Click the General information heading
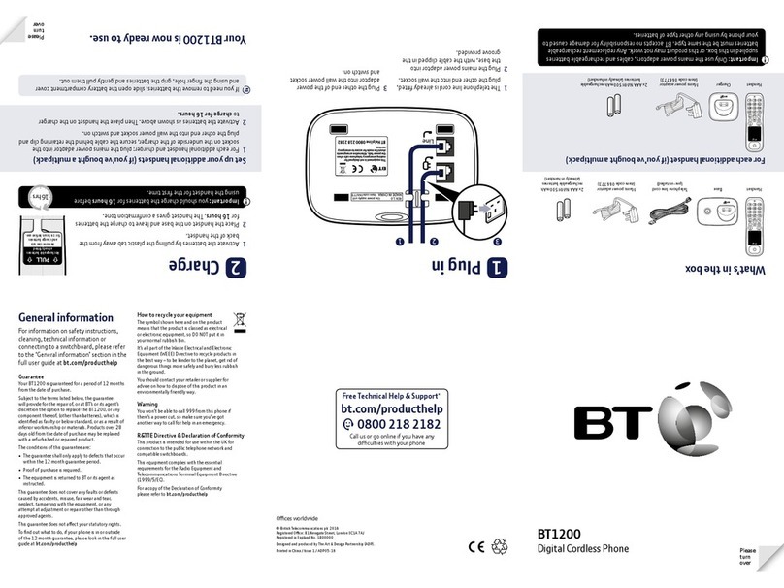pyautogui.click(x=67, y=317)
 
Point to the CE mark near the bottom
pyautogui.click(x=475, y=546)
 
